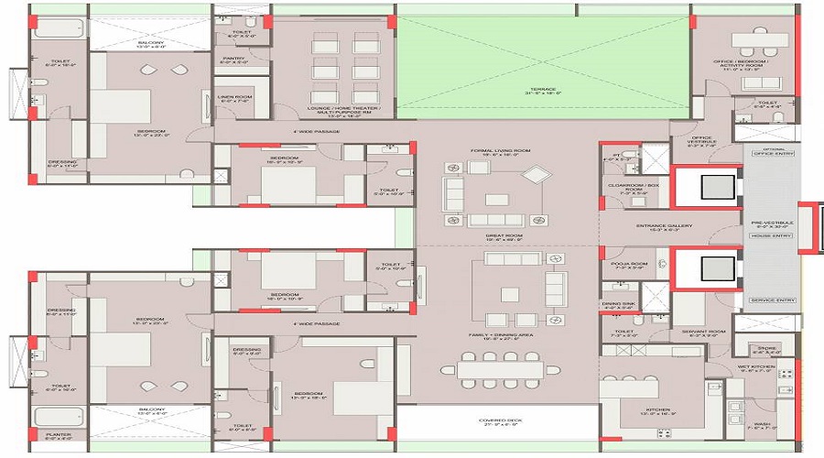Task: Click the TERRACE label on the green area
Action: [542, 90]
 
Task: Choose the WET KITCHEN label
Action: [757, 368]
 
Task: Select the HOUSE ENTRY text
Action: [770, 236]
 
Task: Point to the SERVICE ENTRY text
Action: [772, 300]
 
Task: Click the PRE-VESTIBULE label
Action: [772, 223]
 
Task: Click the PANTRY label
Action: [234, 60]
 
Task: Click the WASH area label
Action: [761, 426]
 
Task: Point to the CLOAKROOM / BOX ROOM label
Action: [634, 188]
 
